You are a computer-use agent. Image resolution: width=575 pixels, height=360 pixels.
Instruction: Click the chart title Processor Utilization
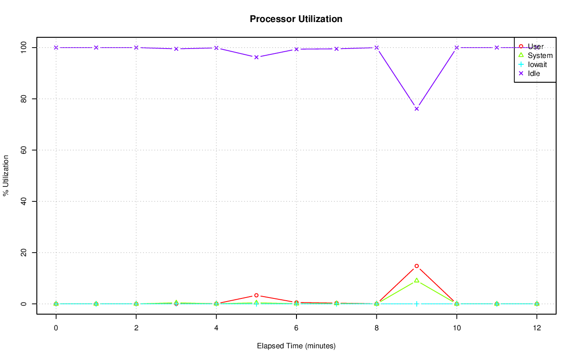[296, 19]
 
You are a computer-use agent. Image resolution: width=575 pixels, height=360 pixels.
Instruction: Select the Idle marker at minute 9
[416, 109]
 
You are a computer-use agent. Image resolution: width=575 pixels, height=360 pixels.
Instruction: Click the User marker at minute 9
[416, 266]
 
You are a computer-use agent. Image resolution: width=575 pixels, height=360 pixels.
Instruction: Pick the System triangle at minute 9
[416, 280]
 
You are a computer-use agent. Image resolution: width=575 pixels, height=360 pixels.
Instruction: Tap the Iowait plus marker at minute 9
[416, 304]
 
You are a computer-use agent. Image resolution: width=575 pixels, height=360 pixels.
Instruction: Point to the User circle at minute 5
[256, 295]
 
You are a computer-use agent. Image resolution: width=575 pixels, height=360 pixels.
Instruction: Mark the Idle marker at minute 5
[256, 57]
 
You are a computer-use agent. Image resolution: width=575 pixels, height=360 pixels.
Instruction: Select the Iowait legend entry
[537, 64]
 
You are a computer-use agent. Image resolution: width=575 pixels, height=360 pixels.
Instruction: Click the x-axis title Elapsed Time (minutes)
[296, 346]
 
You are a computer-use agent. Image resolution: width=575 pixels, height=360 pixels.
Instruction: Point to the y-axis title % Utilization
[6, 176]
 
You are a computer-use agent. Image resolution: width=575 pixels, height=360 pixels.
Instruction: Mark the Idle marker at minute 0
[56, 48]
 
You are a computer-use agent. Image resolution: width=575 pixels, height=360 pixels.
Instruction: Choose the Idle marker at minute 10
[456, 48]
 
